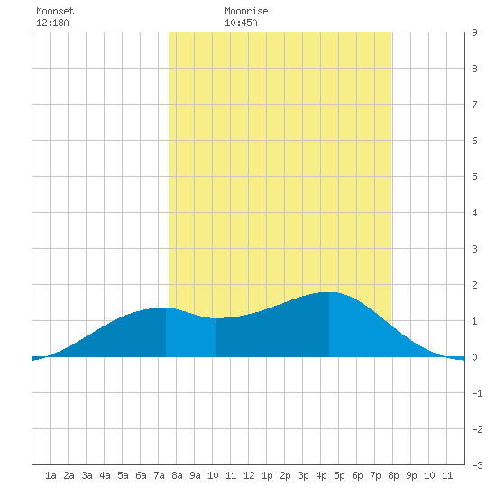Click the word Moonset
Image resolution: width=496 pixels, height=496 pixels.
tap(55, 11)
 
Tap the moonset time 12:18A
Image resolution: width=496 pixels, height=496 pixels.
tap(52, 23)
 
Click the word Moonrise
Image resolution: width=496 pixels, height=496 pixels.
tap(246, 11)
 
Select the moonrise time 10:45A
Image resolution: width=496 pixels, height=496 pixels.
tap(241, 23)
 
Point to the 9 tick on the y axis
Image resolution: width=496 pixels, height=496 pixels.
tap(474, 32)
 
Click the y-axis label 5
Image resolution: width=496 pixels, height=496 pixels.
tap(474, 177)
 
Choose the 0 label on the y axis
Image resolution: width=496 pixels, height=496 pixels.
tap(474, 357)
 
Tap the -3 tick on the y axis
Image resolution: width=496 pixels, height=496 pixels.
tap(477, 465)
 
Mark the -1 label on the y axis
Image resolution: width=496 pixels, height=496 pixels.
tap(477, 393)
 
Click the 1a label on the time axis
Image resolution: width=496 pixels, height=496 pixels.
tap(51, 475)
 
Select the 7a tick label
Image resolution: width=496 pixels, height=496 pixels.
tap(159, 475)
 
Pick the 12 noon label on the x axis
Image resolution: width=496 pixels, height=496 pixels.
tap(249, 475)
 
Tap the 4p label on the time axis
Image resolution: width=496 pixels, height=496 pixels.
tap(321, 475)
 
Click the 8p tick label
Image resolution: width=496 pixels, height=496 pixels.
tap(393, 475)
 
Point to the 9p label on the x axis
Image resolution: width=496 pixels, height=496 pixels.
tap(411, 475)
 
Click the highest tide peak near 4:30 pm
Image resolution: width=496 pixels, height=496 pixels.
tap(329, 292)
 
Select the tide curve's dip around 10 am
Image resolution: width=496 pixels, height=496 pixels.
tap(216, 318)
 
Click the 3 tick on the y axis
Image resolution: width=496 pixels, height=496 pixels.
tap(474, 249)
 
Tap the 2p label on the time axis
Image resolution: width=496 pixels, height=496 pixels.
tap(285, 475)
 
